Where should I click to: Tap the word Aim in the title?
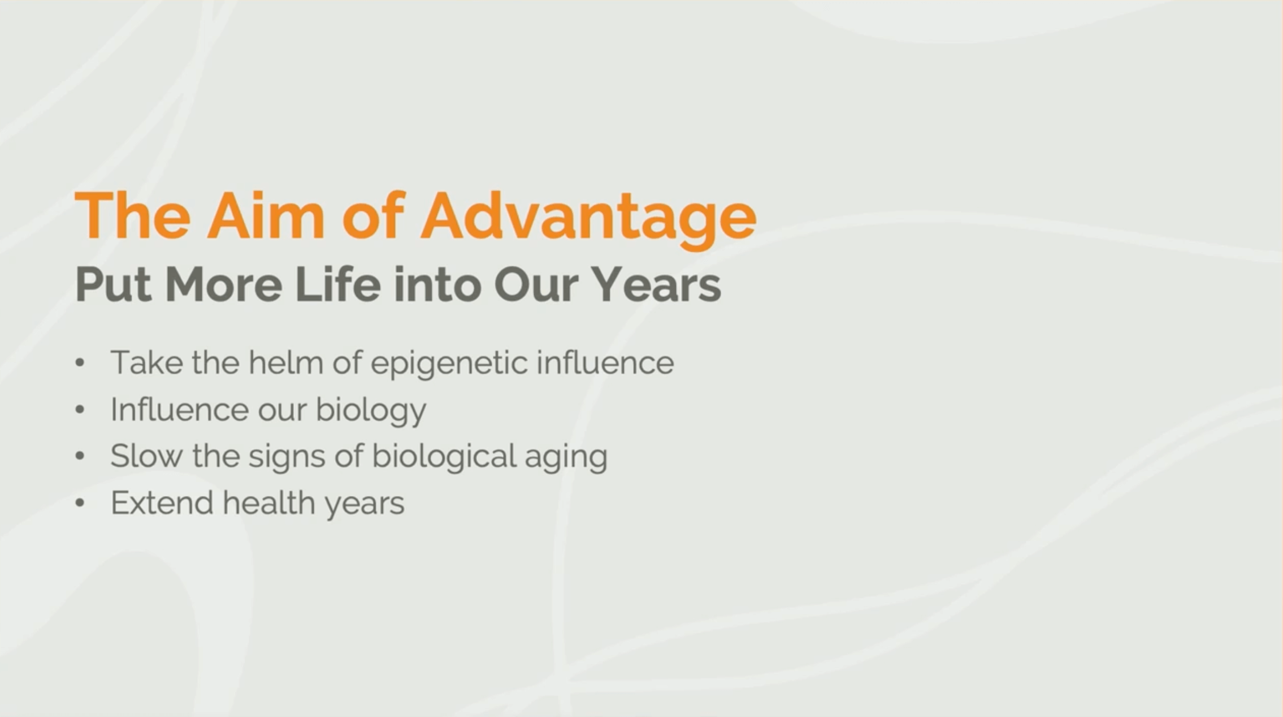266,215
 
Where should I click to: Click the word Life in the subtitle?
338,284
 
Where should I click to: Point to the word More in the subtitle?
224,284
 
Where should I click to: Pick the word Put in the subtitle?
113,284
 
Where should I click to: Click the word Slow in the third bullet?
146,456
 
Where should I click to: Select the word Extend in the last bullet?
162,503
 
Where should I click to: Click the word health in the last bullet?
268,503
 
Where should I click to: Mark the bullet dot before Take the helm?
80,362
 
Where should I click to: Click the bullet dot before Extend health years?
80,503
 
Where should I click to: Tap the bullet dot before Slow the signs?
80,456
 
